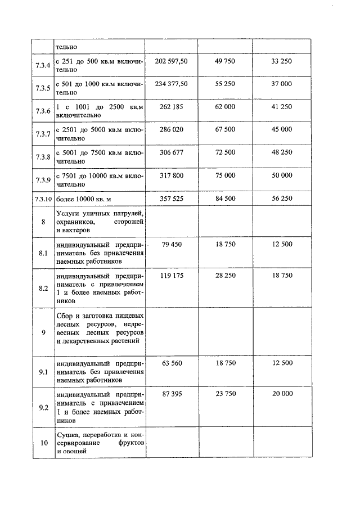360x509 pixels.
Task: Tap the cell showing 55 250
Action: coord(225,83)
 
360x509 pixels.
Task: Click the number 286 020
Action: coord(172,129)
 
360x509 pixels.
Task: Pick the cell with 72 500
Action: coord(225,152)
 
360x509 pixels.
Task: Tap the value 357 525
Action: coord(172,199)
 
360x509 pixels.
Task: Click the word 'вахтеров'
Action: coord(74,231)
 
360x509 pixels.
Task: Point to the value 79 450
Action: coord(172,245)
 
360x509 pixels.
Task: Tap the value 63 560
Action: coord(172,363)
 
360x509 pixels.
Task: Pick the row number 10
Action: coord(43,443)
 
